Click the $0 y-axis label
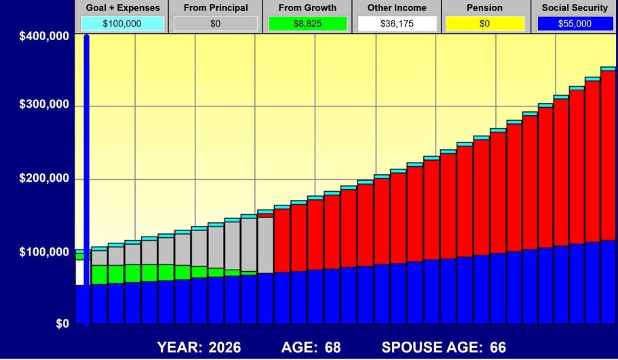60,324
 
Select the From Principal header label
215,8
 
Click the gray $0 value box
215,24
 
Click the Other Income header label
397,8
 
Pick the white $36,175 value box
397,24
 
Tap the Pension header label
485,8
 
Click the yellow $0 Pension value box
485,24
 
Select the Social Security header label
574,8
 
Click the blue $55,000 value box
574,24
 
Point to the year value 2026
223,347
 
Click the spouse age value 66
498,347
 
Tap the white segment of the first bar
79,273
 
